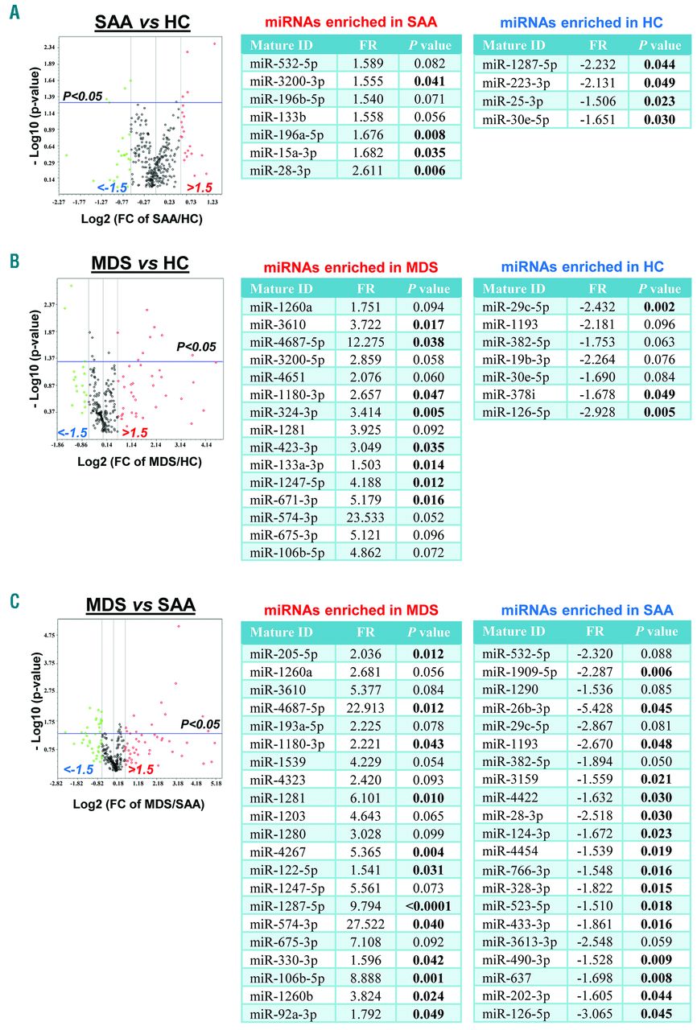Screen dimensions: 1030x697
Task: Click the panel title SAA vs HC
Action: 142,23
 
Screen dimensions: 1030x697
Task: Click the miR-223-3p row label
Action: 513,81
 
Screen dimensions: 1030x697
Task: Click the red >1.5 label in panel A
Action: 200,187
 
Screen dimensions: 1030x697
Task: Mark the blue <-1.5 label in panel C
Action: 79,770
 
